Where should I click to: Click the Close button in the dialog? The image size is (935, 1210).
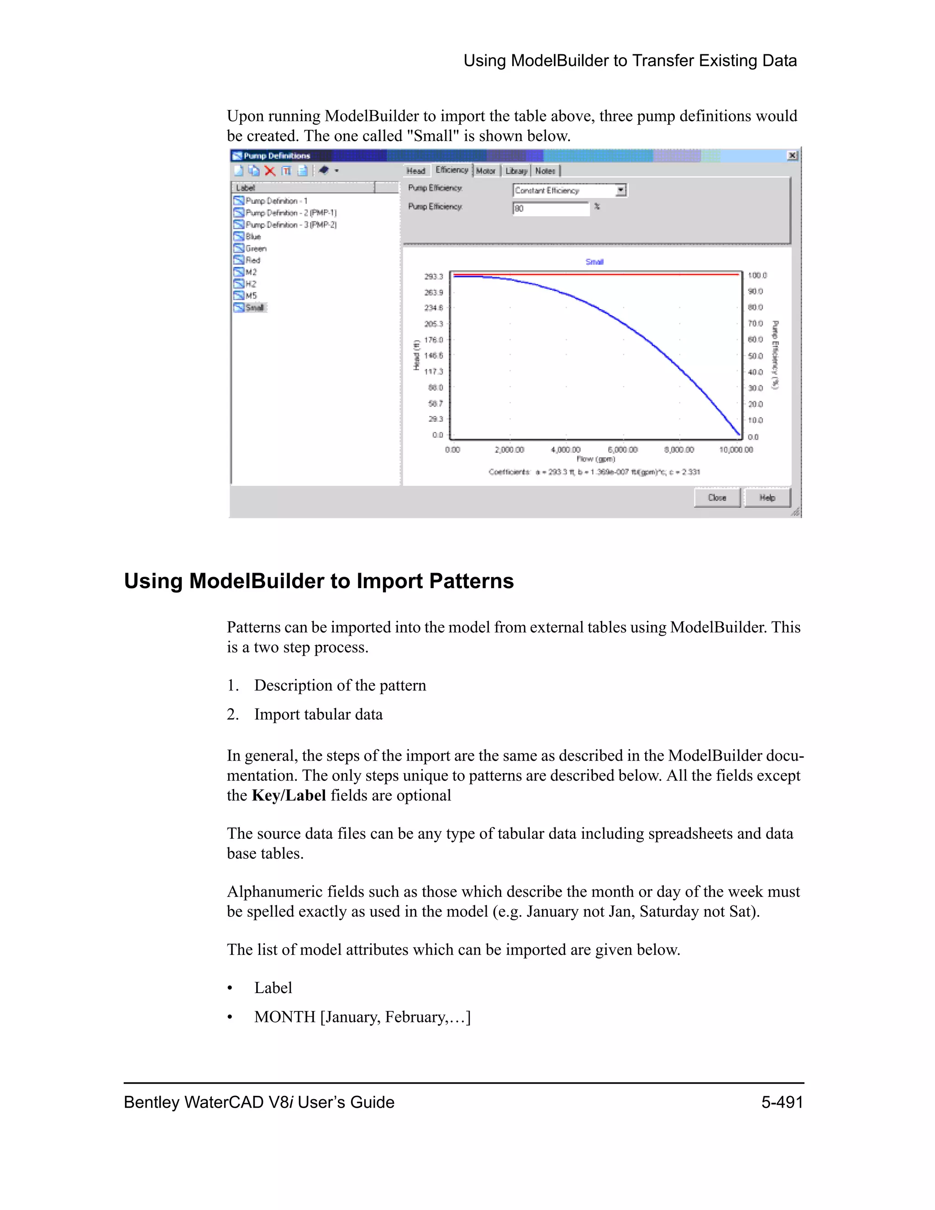pyautogui.click(x=717, y=498)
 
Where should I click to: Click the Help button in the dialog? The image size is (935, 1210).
pyautogui.click(x=767, y=498)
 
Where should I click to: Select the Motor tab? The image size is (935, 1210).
pyautogui.click(x=485, y=171)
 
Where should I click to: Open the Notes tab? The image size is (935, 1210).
pyautogui.click(x=545, y=171)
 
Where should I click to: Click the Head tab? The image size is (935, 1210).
pyautogui.click(x=415, y=171)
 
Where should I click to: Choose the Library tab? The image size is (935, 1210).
pyautogui.click(x=516, y=171)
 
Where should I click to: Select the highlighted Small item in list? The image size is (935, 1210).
pyautogui.click(x=254, y=307)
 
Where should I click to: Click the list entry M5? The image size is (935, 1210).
pyautogui.click(x=251, y=295)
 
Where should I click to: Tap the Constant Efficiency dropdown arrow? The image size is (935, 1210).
pyautogui.click(x=621, y=190)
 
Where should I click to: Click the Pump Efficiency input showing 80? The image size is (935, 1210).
pyautogui.click(x=550, y=209)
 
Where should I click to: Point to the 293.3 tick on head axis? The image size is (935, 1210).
pyautogui.click(x=434, y=276)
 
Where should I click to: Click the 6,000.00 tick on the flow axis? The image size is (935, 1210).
pyautogui.click(x=623, y=450)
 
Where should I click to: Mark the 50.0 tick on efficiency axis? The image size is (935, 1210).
pyautogui.click(x=756, y=356)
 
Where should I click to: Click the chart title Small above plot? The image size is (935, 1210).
pyautogui.click(x=594, y=262)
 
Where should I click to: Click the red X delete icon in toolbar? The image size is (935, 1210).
pyautogui.click(x=270, y=171)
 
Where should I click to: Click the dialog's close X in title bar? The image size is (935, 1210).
pyautogui.click(x=793, y=156)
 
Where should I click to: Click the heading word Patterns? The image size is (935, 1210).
pyautogui.click(x=471, y=581)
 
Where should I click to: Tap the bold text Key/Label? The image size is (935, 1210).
pyautogui.click(x=289, y=795)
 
